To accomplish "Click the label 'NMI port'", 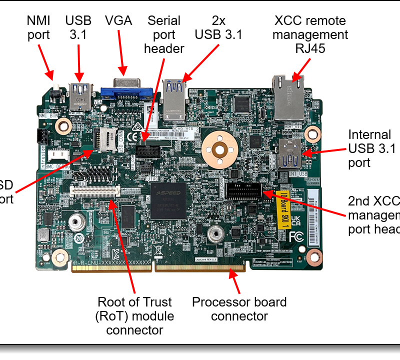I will point(38,27).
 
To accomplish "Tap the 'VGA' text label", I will point(118,20).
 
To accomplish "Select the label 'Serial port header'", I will point(164,34).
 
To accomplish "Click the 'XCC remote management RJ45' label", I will point(310,34).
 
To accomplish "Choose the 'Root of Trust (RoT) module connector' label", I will point(134,315).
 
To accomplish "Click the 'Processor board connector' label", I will point(239,309).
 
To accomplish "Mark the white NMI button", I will point(57,93).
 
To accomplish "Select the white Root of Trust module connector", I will point(95,190).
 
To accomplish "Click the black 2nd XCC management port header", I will point(243,190).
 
